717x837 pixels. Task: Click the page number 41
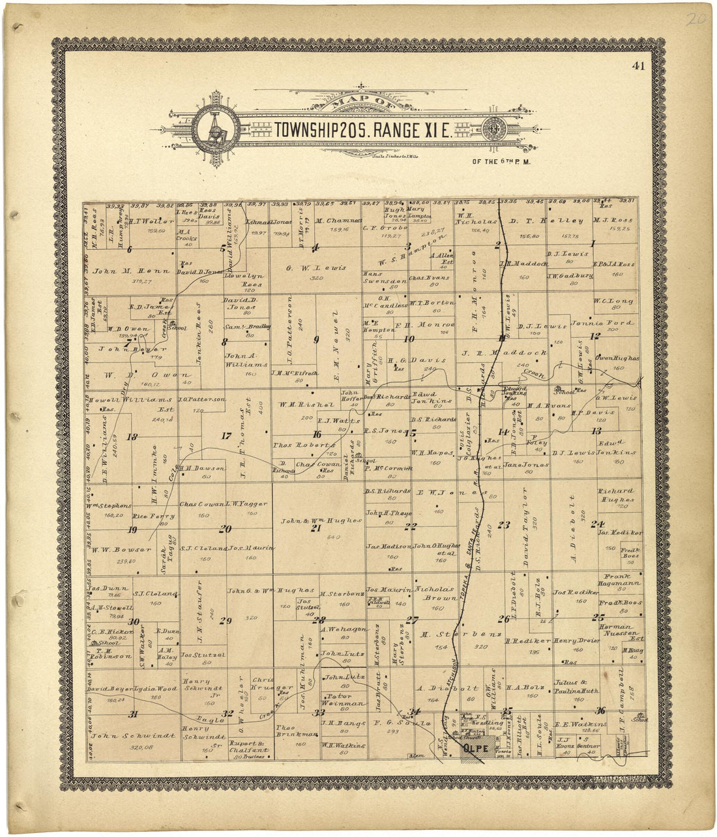click(x=638, y=65)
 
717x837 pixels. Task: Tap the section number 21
click(x=315, y=528)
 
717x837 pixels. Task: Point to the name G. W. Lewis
click(x=315, y=268)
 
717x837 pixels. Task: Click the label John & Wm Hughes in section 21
click(x=320, y=520)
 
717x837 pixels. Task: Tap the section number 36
click(x=600, y=711)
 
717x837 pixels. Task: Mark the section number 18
click(x=132, y=436)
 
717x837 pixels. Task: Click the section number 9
click(x=316, y=339)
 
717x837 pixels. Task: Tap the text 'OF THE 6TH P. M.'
click(x=499, y=160)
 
